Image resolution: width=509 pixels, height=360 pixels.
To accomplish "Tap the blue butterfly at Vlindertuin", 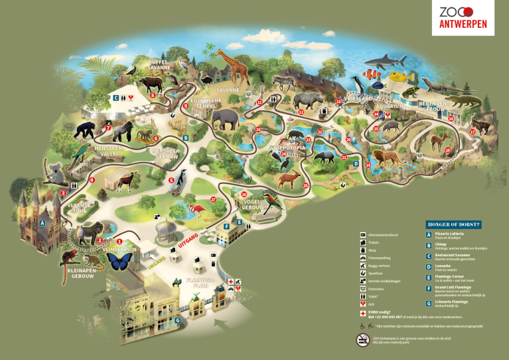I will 121,262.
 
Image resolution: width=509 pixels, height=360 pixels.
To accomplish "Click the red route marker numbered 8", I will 153,96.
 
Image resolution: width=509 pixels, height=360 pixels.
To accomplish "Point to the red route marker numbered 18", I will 447,150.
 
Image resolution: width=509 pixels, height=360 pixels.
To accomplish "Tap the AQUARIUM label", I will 388,106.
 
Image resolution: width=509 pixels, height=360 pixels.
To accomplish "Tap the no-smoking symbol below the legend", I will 363,339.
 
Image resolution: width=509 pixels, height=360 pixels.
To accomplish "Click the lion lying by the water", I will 386,159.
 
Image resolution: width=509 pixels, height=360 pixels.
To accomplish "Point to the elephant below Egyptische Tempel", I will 227,120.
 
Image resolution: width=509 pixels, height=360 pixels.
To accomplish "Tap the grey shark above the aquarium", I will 380,64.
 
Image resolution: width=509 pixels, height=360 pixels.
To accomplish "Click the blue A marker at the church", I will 42,223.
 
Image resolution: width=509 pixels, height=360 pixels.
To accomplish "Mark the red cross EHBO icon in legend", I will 362,312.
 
